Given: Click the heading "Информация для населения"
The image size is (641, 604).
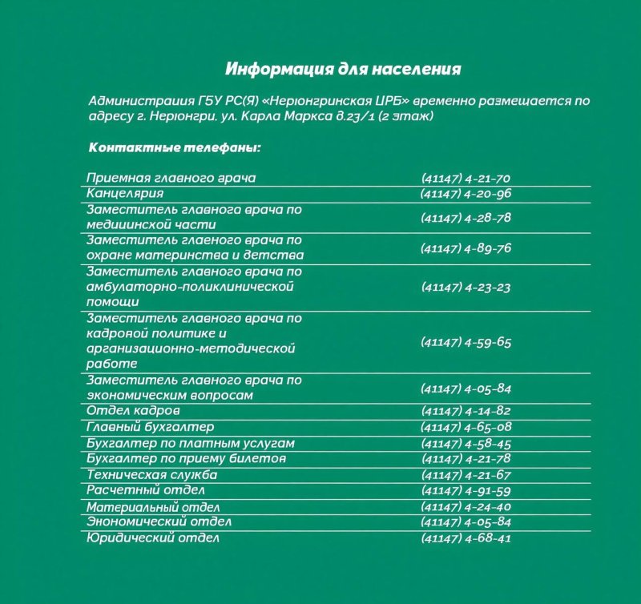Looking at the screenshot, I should pos(343,68).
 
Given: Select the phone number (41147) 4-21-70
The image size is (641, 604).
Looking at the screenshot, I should pos(466,178).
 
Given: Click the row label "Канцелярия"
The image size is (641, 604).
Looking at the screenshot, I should pos(125,193).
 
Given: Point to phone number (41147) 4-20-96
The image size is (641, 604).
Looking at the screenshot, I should pos(466,194).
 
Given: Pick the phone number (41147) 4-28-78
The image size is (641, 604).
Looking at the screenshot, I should pos(466,218).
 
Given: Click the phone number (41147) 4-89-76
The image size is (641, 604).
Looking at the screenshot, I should pos(466,248).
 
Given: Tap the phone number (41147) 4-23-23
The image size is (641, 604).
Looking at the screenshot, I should pos(466,287).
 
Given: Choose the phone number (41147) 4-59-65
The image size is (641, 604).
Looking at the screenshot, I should pos(466,342).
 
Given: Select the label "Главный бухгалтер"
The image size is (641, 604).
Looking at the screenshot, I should pos(150,427).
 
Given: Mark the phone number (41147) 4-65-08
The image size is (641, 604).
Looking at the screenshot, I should pos(466,427).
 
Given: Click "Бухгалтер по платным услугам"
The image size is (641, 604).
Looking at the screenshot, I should pos(191,443).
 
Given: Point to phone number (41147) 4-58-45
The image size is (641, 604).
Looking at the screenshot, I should pos(466,443).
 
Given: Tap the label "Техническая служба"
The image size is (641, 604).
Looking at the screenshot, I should pos(152,474).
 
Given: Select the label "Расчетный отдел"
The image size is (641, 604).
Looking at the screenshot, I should pos(146,489).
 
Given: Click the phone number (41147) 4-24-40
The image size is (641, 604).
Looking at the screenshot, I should pos(466,506).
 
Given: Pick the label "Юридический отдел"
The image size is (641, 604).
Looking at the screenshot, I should pos(152,538).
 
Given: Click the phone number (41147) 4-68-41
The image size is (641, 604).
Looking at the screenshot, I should pos(466,538).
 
